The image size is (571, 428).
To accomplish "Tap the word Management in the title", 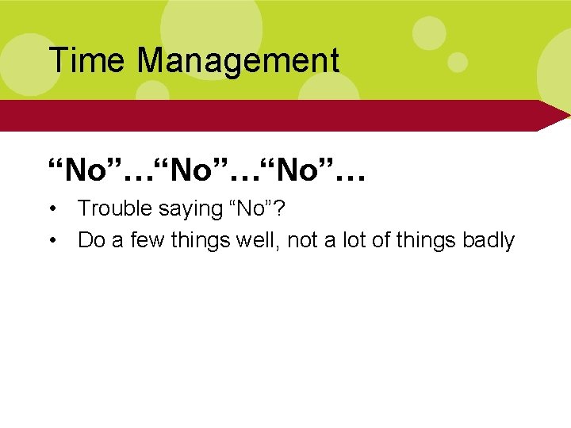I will (238, 60).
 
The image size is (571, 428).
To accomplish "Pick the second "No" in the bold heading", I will (201, 169).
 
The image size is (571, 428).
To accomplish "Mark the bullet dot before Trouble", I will (52, 209).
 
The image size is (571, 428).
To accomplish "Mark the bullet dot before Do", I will (52, 241).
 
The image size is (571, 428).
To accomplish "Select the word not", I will (302, 240).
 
